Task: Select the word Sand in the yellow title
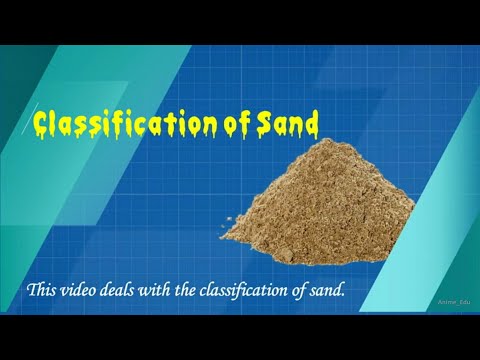(x=290, y=124)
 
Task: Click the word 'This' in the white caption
(x=42, y=291)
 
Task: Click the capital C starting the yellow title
(x=41, y=124)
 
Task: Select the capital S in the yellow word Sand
(x=268, y=124)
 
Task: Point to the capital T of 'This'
(x=32, y=291)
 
